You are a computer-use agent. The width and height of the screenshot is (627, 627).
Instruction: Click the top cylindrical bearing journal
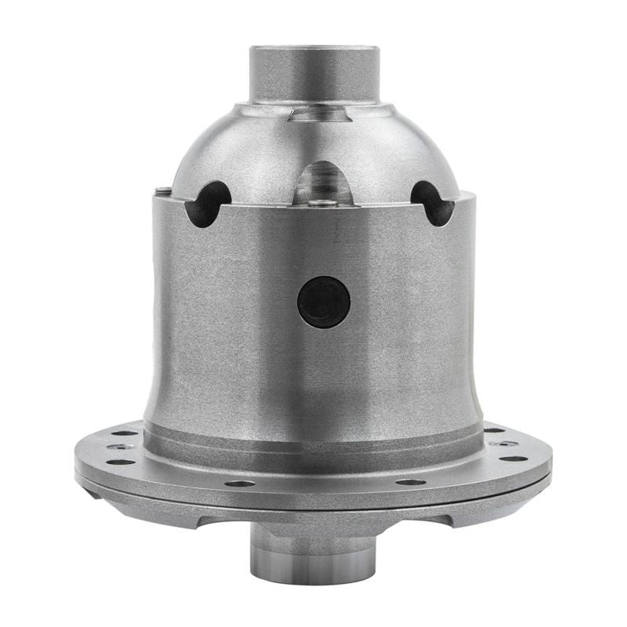click(314, 74)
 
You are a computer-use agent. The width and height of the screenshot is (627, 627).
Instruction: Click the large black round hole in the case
click(324, 302)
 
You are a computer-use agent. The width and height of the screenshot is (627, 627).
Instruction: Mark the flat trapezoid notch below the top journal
click(317, 115)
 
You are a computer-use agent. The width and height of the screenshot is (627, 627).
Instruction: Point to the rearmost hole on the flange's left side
click(125, 432)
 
